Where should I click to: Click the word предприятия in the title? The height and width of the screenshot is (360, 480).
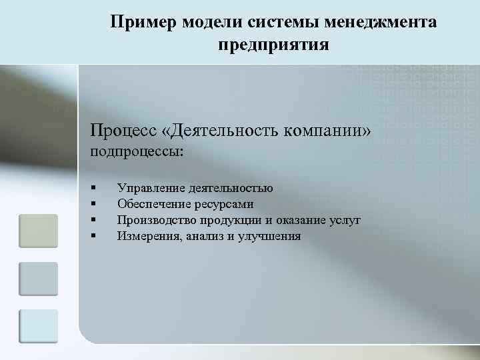(273, 46)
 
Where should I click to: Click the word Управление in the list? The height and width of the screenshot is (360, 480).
(150, 189)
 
